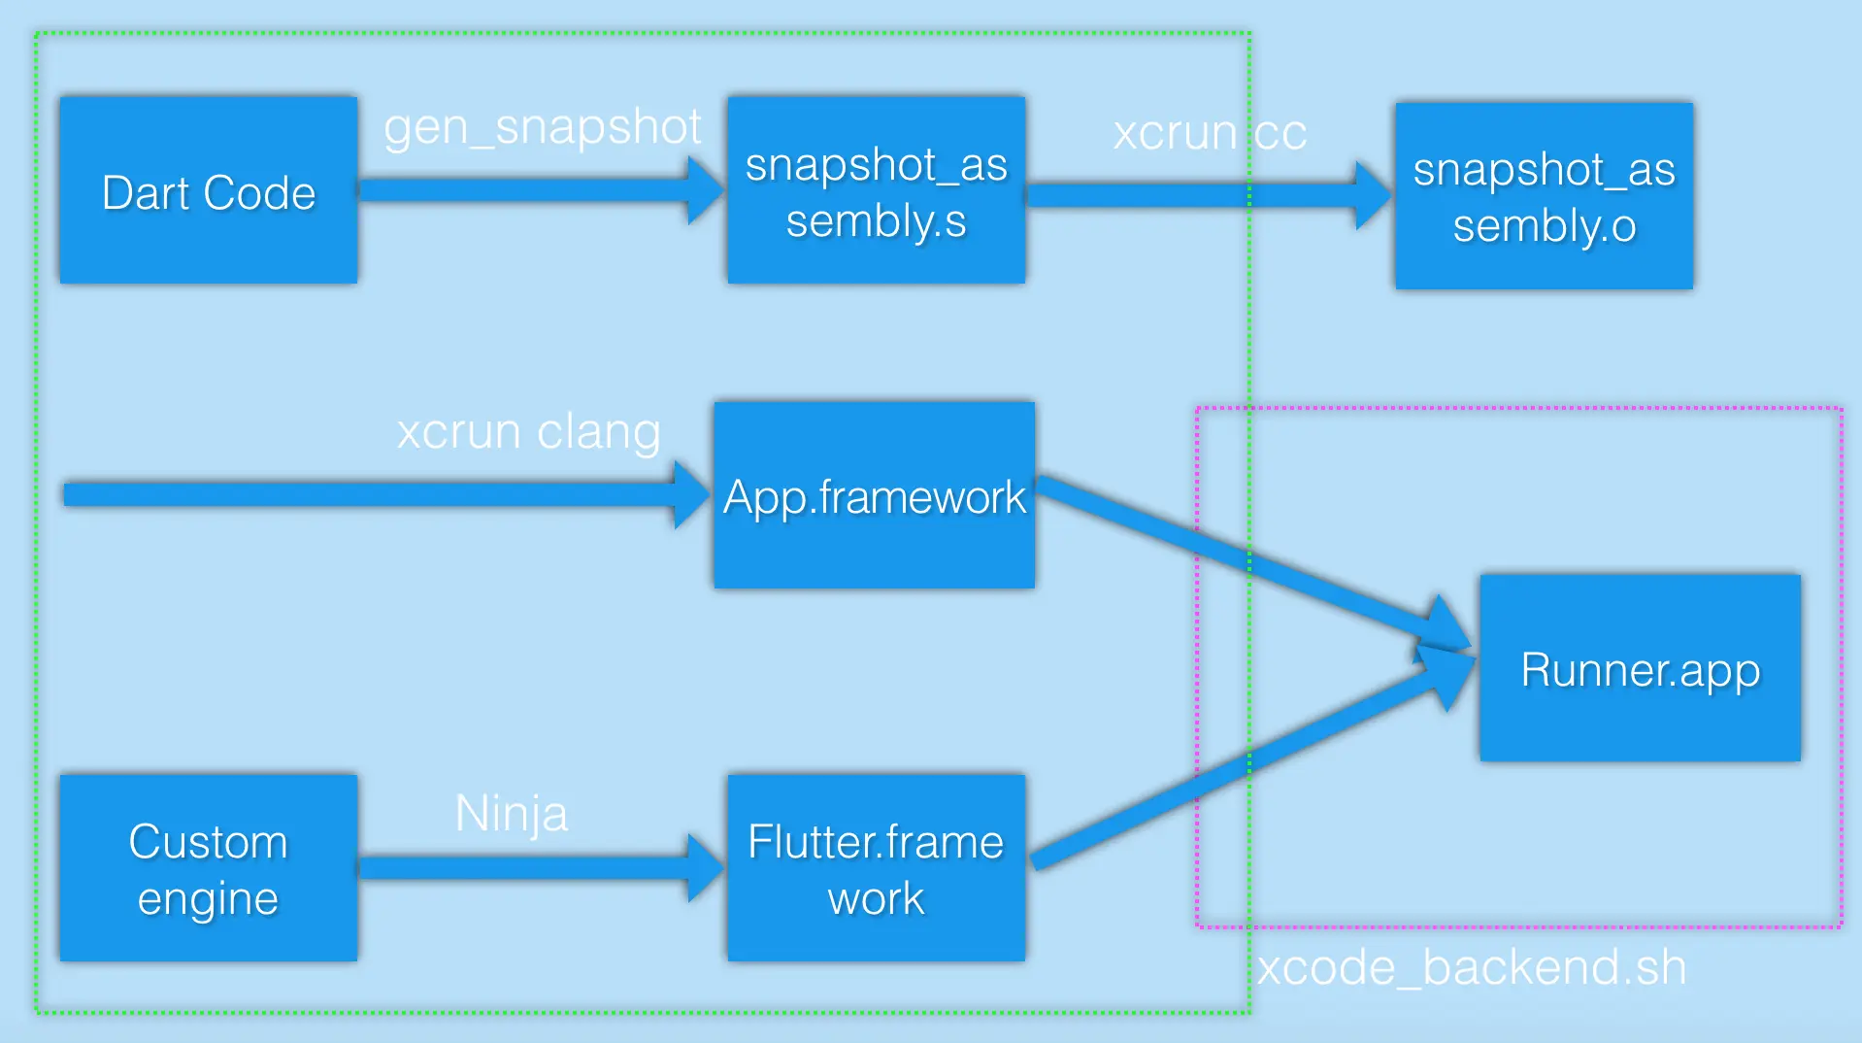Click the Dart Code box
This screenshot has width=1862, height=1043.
(x=208, y=190)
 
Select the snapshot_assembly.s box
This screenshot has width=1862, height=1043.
(x=876, y=190)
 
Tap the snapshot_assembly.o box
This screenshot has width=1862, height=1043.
(x=1544, y=195)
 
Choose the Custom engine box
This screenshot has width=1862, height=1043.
(x=208, y=867)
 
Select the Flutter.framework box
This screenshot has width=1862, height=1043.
(x=876, y=867)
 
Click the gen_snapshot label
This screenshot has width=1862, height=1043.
(x=542, y=127)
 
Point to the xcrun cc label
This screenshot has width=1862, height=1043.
(x=1210, y=133)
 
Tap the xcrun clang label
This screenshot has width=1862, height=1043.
(x=529, y=431)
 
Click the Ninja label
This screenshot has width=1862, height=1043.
(x=512, y=813)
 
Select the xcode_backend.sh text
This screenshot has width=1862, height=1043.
(x=1471, y=967)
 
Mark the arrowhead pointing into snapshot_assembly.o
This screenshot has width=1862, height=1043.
(x=1372, y=195)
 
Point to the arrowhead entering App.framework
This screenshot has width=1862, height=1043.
(x=691, y=494)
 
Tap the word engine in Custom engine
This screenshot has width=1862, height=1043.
(x=208, y=898)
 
